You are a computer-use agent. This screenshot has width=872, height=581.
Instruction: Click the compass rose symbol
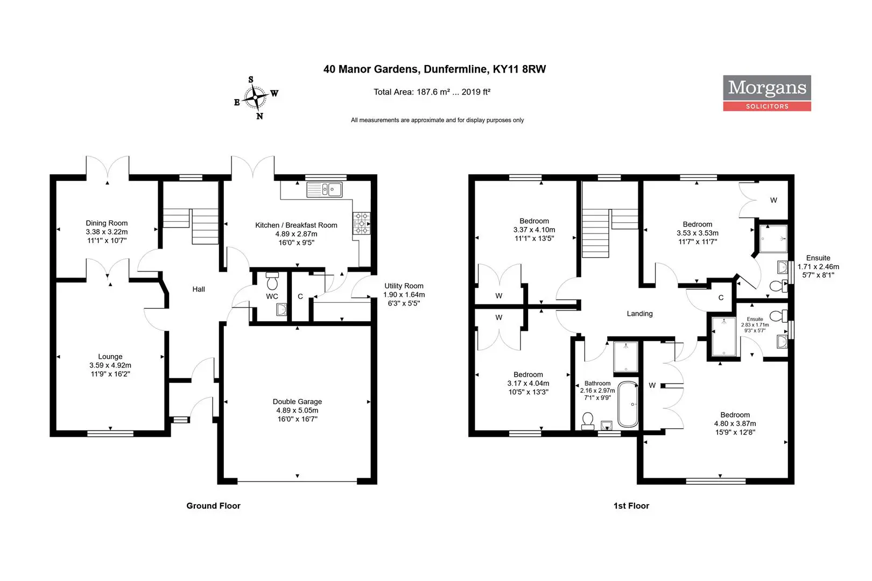[256, 98]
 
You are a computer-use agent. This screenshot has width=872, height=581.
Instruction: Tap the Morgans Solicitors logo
[767, 93]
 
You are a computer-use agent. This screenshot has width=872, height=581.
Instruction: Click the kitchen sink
[324, 189]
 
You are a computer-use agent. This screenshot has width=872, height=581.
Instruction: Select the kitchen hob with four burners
[361, 223]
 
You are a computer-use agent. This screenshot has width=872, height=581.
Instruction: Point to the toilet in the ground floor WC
[272, 281]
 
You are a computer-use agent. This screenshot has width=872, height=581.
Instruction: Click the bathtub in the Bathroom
[628, 405]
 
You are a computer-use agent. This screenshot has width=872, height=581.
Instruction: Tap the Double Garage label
[298, 402]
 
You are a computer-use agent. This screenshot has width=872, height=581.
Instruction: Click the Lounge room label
[110, 357]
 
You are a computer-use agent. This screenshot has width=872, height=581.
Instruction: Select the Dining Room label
[107, 223]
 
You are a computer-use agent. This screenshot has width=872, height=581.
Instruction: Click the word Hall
[199, 289]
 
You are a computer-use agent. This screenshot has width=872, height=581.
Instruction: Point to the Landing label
[639, 314]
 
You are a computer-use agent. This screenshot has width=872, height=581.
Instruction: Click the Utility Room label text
[404, 286]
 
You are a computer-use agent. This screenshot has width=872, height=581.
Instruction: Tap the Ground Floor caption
[213, 506]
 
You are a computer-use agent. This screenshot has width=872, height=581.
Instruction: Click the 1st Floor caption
[631, 506]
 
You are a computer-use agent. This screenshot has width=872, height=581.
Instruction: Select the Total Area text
[432, 92]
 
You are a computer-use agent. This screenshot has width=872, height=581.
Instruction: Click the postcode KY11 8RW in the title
[519, 69]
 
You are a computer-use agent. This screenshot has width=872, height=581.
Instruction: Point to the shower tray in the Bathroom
[625, 357]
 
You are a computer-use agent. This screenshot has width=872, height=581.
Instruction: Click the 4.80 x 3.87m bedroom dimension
[735, 423]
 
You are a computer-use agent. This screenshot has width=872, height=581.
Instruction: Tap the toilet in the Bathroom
[587, 421]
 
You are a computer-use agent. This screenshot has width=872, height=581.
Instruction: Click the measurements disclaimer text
[437, 121]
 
